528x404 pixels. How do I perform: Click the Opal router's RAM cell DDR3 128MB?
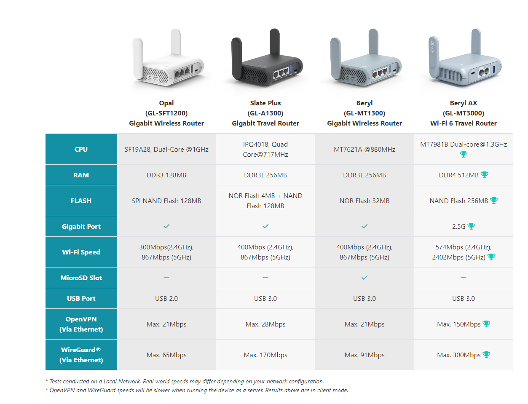coord(166,175)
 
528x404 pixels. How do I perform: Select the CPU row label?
coord(81,149)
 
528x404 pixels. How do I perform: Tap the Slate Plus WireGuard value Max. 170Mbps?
coord(265,355)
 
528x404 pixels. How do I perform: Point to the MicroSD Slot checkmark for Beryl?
coord(365,278)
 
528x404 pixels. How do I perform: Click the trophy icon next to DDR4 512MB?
coord(484,175)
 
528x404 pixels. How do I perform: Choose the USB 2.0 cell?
coord(166,298)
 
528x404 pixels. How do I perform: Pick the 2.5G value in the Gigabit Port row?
coord(458,227)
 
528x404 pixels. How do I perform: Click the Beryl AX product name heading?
coord(463,103)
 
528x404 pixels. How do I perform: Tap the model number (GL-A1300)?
coord(265,113)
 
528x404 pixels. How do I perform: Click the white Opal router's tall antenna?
coord(176,42)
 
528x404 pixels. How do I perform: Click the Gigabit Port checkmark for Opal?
coord(166,226)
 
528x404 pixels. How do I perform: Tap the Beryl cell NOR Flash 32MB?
coord(364,201)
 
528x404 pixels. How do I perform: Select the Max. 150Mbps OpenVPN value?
coord(458,324)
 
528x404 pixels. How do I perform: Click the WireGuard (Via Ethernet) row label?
coord(81,355)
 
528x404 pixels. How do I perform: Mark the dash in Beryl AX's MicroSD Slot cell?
coord(463,278)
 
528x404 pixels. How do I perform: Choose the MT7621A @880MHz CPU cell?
coord(364,149)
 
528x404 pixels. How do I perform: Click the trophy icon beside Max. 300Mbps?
coord(486,355)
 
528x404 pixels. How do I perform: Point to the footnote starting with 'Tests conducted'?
coord(185,381)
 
